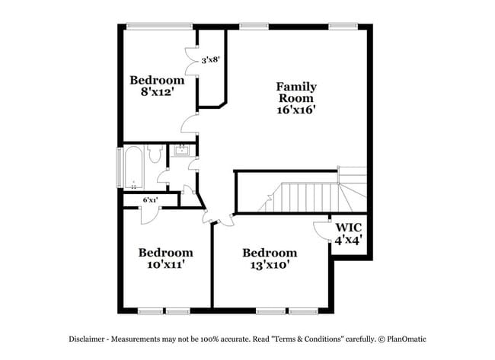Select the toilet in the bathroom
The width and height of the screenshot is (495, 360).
157,155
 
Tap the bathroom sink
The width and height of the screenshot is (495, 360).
182,151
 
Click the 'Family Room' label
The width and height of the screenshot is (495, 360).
296,92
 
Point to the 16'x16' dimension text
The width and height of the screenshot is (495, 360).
296,110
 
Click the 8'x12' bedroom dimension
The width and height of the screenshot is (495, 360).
156,92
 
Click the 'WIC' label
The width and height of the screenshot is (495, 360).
348,226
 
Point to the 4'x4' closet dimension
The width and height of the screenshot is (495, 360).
348,239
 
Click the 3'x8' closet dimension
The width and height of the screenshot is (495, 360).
211,59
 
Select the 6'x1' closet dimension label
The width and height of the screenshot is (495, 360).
150,200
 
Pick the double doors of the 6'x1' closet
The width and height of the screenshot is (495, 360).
149,214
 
